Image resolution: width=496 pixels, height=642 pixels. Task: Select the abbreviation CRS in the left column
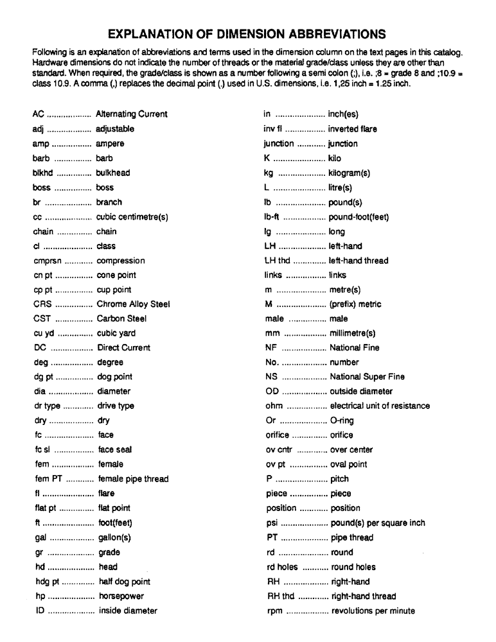point(42,304)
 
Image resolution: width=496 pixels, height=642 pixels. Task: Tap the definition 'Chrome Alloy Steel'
point(133,304)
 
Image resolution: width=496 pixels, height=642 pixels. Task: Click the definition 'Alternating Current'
point(131,114)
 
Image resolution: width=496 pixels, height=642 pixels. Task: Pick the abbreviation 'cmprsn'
point(47,261)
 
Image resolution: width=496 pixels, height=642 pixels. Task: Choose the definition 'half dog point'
point(125,582)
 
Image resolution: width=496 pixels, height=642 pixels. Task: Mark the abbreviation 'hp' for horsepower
point(40,596)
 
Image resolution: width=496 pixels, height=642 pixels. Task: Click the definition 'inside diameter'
point(128,611)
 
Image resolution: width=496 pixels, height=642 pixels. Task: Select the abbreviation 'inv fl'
point(273,129)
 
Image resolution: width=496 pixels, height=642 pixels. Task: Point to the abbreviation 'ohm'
point(274,406)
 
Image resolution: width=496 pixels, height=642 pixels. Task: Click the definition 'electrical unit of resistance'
point(380,406)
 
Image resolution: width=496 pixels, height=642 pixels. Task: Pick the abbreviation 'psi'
point(272,523)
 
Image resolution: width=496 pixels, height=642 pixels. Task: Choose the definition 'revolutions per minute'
point(373,611)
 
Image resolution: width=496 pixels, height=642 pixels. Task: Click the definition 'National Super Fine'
point(367,377)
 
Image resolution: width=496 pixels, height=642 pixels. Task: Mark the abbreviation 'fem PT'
point(48,479)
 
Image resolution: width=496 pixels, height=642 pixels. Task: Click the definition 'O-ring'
point(342,421)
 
